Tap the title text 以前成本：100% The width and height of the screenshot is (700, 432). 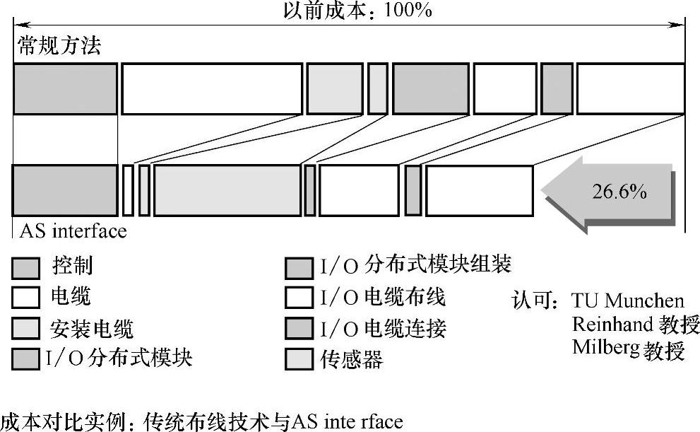357,11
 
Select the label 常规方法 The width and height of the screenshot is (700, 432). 59,47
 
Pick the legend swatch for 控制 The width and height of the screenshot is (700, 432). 26,268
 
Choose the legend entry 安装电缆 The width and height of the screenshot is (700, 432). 92,329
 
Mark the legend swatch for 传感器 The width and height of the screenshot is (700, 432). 299,360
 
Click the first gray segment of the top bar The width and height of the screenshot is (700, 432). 65,88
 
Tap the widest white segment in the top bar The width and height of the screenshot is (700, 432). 212,88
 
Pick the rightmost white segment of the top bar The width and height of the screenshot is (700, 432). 630,88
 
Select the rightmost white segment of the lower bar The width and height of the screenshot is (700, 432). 479,190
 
